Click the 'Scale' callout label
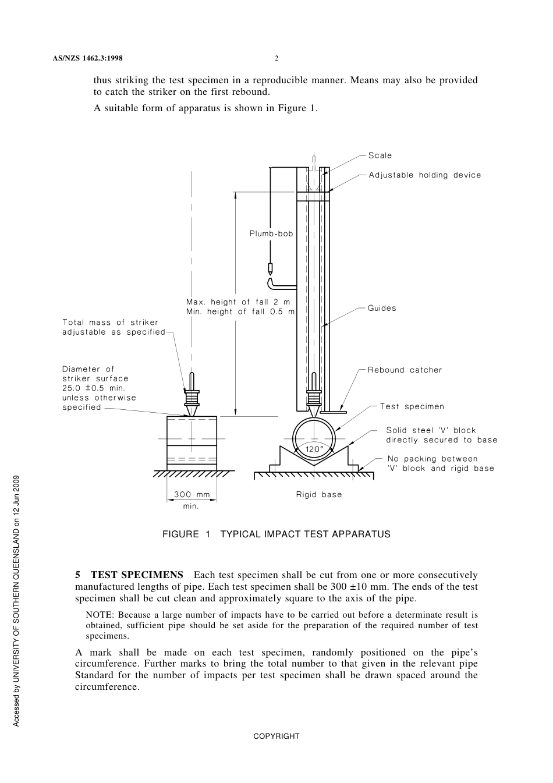click(x=380, y=155)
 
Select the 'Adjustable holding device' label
click(x=425, y=175)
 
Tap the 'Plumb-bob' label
click(x=271, y=233)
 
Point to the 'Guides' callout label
click(x=382, y=308)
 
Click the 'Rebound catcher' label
click(x=405, y=370)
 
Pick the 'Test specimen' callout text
click(x=412, y=406)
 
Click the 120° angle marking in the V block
click(x=314, y=449)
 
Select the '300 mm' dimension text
click(x=192, y=495)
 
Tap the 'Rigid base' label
click(x=319, y=495)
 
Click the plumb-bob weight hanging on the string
click(x=270, y=269)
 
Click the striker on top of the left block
click(x=192, y=396)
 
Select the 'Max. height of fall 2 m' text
click(x=238, y=302)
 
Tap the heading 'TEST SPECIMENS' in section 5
click(x=137, y=575)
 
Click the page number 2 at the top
click(x=276, y=58)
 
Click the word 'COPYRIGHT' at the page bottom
click(x=276, y=736)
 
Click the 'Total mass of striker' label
click(x=111, y=322)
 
